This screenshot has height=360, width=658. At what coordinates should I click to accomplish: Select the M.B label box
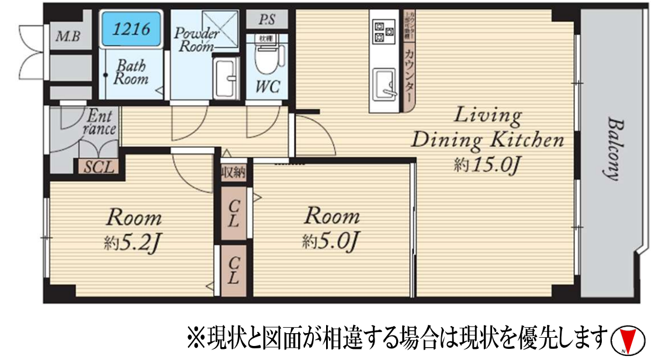pos(70,37)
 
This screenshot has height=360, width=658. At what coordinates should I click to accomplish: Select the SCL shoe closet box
pos(98,167)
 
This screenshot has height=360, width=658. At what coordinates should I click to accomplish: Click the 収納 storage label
pos(233,173)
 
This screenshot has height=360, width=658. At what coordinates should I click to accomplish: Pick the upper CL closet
pos(233,213)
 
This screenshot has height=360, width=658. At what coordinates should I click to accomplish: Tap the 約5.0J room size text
pos(331,241)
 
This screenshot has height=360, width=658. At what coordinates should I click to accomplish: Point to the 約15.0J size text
pos(487,165)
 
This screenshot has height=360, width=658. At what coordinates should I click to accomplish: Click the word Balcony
pos(612,149)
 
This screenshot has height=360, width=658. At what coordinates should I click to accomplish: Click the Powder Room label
pos(197,40)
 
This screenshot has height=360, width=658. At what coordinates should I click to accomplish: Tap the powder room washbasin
pos(226,79)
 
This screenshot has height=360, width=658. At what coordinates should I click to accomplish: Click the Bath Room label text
pos(130,71)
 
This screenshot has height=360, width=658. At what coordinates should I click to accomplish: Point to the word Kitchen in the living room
pos(527,140)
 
